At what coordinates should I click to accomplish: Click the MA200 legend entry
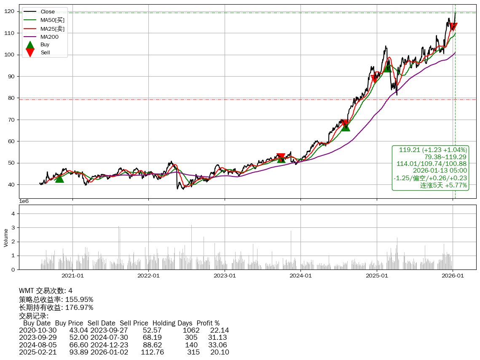pos(49,37)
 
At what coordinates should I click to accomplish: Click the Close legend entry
pos(48,12)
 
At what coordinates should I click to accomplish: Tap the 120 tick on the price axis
pos(11,11)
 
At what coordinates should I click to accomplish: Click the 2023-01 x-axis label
pos(225,276)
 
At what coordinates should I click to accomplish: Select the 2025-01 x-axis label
pos(377,276)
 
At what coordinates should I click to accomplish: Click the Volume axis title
pos(6,237)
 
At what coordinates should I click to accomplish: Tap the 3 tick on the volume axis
pos(13,228)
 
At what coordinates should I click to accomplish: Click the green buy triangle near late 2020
pos(59,179)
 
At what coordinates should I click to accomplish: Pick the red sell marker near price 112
pos(453,27)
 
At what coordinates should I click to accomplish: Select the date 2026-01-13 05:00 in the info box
pos(440,171)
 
